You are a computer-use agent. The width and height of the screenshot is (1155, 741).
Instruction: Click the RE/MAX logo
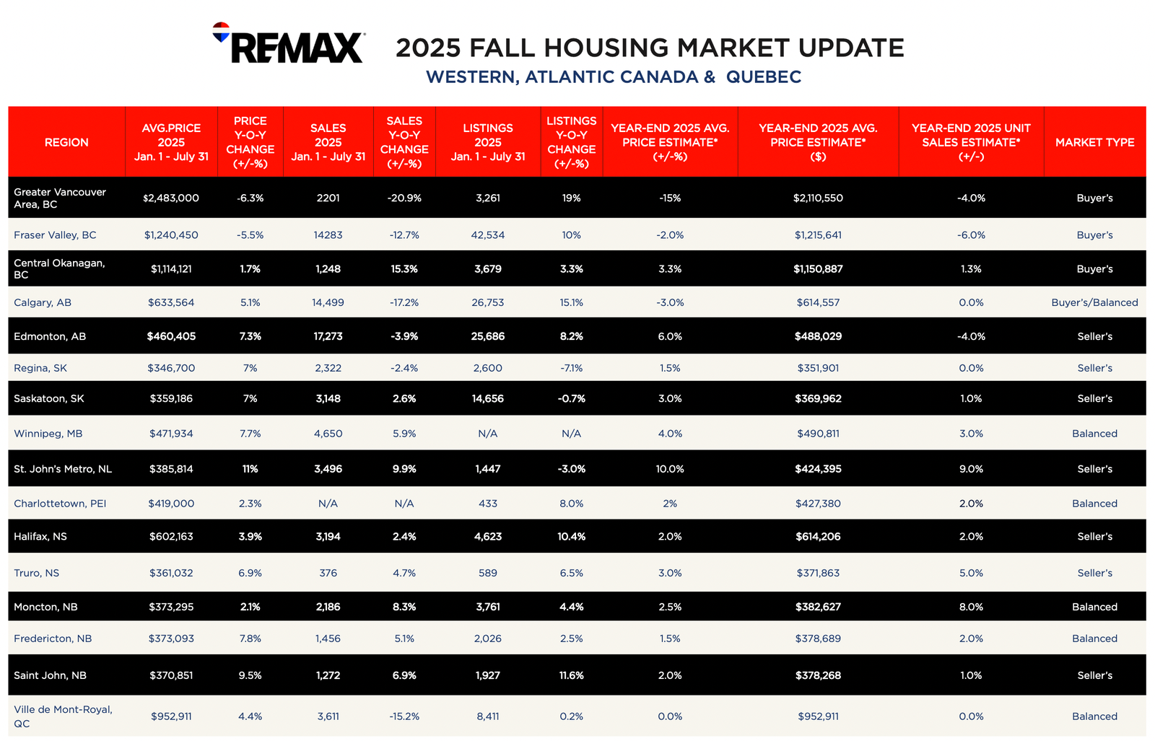coord(289,43)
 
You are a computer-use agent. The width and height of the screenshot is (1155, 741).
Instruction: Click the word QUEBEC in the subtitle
coord(764,76)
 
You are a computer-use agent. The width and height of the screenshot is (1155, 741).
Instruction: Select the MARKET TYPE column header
coord(1094,142)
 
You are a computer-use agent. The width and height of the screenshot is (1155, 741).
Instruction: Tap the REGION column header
coord(66,142)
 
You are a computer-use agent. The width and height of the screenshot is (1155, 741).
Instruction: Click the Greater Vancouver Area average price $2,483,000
coord(171,198)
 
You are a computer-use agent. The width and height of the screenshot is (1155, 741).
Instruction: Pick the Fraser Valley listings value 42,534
coord(488,235)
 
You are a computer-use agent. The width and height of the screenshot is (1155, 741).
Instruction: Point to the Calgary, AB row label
coord(43,302)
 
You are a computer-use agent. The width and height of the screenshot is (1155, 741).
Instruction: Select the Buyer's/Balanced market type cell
coord(1094,302)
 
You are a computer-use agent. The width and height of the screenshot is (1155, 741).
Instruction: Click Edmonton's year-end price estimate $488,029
coord(819,336)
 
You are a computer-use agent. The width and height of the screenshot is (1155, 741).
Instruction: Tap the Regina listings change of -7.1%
coord(571,368)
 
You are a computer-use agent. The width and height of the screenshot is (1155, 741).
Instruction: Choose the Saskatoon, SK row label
coord(49,398)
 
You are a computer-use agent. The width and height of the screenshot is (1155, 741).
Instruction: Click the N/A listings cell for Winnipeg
coord(488,434)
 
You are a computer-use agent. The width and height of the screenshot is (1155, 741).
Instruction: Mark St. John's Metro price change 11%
coord(250,469)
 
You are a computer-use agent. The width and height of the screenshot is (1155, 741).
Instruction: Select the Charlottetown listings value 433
coord(488,504)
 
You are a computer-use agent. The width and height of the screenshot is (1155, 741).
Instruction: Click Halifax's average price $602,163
coord(171,536)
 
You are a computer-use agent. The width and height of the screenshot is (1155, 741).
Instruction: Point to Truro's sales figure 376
coord(328,573)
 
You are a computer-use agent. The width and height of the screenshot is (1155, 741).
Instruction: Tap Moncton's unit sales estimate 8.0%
coord(971,607)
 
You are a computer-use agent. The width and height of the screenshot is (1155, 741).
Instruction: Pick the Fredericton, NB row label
coord(53,639)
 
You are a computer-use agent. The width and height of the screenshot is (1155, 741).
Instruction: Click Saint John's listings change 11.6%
coord(571,675)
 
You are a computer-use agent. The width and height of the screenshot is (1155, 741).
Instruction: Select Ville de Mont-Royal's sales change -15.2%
coord(404,716)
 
